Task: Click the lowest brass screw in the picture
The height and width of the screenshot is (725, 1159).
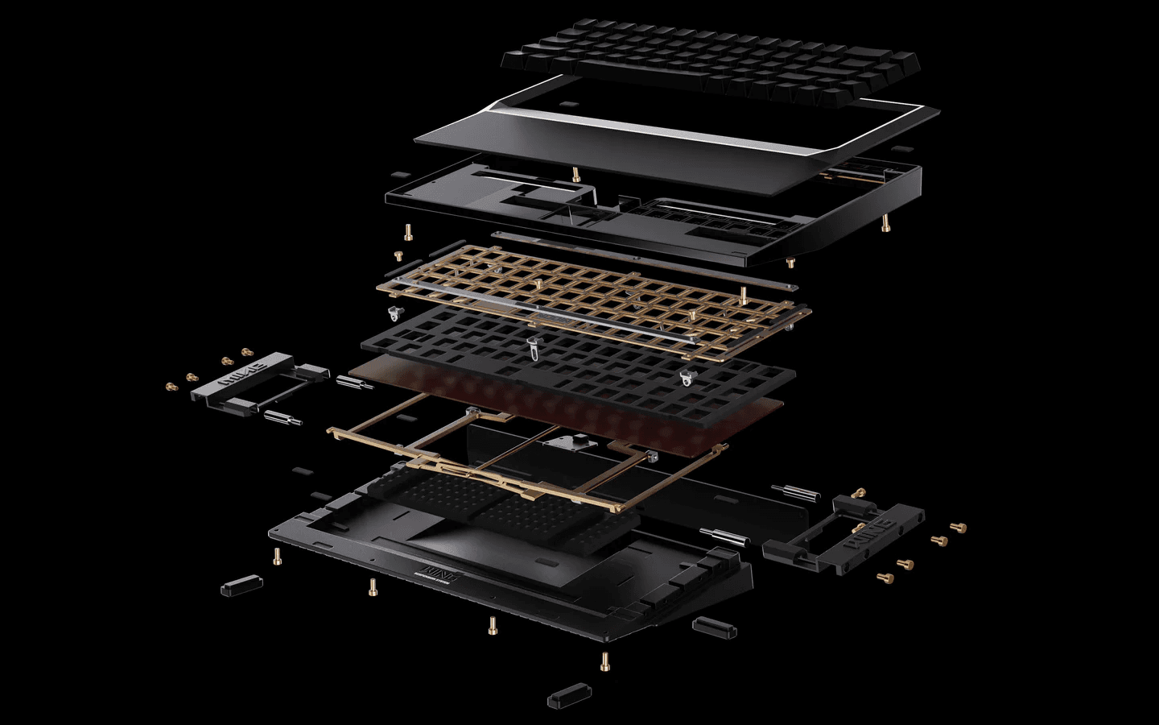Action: click(x=604, y=661)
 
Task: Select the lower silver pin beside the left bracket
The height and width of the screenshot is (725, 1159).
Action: click(x=281, y=417)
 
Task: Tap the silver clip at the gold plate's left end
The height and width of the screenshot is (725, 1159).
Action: click(x=394, y=312)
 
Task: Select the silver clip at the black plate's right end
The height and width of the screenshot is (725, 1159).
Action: click(x=686, y=377)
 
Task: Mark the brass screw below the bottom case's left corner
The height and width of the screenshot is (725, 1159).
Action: click(x=278, y=555)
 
